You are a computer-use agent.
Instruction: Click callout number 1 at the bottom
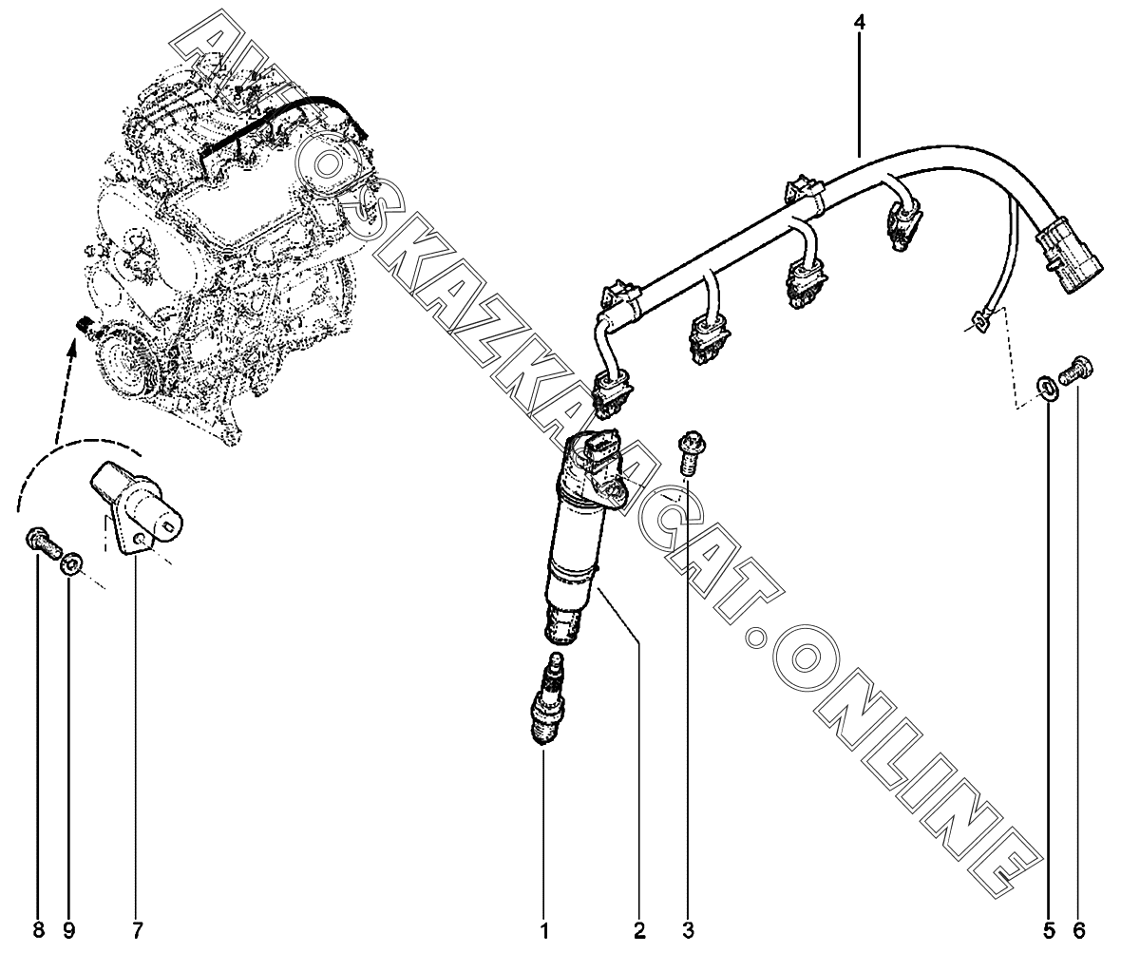click(x=544, y=931)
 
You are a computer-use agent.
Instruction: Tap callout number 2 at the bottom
click(x=639, y=931)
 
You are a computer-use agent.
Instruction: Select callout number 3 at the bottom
click(x=688, y=931)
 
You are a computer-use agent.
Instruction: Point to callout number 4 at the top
click(x=860, y=22)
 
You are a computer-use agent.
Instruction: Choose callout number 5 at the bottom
click(x=1049, y=931)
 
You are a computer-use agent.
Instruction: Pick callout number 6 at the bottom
click(x=1079, y=931)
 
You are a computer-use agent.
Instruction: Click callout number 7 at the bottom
click(x=137, y=931)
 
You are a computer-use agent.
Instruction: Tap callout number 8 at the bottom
click(x=39, y=931)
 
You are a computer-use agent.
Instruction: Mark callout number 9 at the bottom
click(x=68, y=931)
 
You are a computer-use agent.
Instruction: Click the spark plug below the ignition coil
click(x=546, y=700)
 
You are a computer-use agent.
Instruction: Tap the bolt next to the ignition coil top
click(x=690, y=452)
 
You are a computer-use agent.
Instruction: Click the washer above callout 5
click(x=1046, y=389)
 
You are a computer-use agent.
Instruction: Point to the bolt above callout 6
click(x=1074, y=372)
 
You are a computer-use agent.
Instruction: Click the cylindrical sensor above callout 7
click(x=136, y=506)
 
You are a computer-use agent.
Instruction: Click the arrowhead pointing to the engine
click(x=73, y=349)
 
